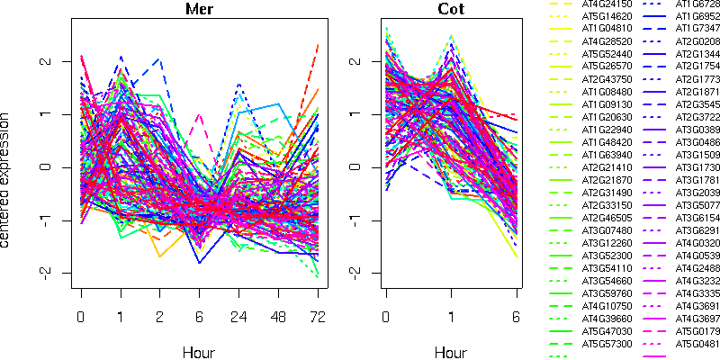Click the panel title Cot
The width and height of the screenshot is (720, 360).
coord(452,10)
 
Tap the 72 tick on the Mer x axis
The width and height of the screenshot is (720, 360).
coord(318,318)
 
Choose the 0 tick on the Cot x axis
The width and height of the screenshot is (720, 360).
coord(386,318)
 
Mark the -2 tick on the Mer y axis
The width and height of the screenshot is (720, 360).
coord(48,272)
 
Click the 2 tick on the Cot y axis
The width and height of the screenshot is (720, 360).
coord(354,61)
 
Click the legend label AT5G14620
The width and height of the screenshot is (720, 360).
coord(607,16)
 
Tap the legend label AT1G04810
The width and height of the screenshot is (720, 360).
coord(607,29)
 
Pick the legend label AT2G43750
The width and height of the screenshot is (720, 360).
coord(607,79)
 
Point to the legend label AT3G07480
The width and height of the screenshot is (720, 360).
coord(607,230)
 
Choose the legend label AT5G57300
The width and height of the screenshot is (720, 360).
coord(607,344)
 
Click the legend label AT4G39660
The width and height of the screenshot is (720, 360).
coord(607,319)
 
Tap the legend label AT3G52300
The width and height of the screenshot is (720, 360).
coord(607,256)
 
